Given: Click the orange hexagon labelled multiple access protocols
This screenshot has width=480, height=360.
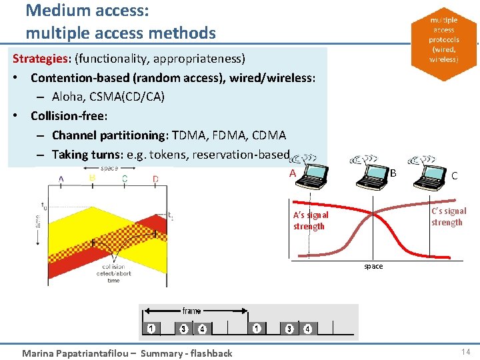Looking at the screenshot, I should click(443, 40).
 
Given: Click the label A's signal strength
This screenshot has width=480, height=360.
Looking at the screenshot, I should click(311, 221).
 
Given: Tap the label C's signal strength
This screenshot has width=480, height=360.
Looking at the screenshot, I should click(448, 217).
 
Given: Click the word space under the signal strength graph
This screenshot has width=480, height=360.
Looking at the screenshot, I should click(373, 266).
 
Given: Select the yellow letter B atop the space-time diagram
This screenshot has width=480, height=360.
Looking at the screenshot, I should click(91, 178).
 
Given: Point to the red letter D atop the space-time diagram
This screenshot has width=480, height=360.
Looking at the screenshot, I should click(155, 178).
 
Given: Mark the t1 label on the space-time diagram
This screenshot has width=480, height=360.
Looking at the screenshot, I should click(171, 215).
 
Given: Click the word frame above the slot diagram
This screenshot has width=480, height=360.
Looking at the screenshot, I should click(191, 311).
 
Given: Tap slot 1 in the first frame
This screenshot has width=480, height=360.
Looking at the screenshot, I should click(152, 328).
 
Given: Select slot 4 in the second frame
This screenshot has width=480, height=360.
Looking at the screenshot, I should click(307, 328).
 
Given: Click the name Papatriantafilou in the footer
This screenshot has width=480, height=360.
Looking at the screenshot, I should click(103, 353).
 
